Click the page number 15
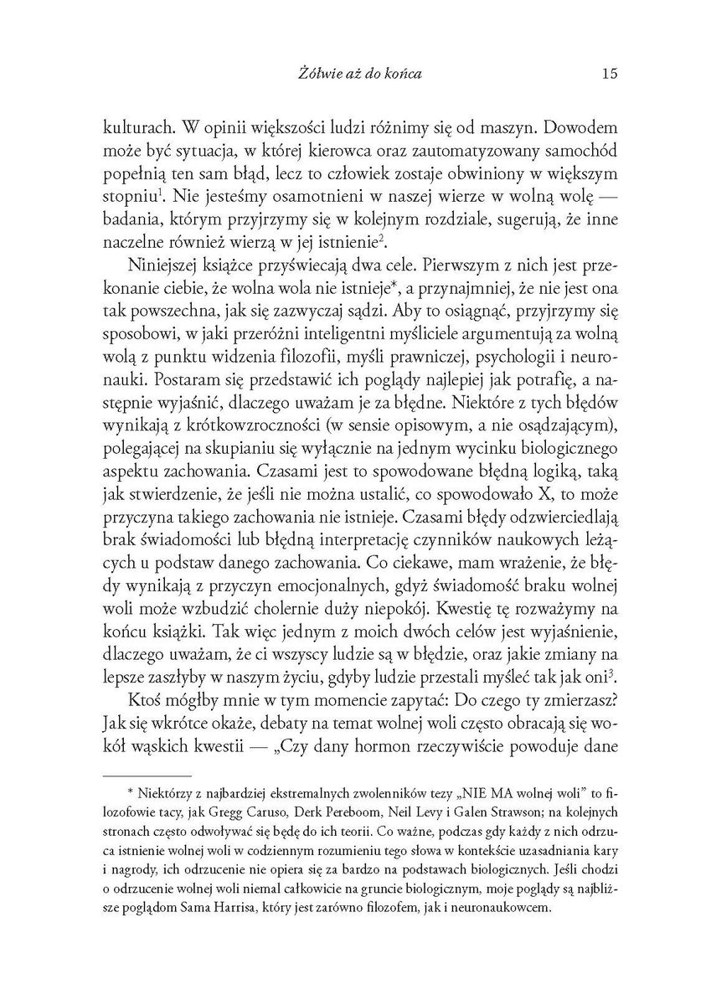point(609,74)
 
